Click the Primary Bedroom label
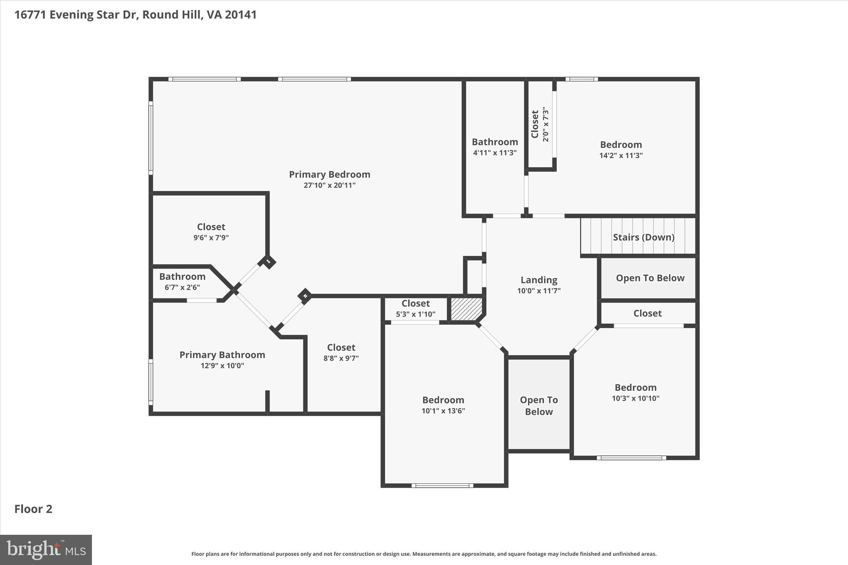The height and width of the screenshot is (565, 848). [x=329, y=174]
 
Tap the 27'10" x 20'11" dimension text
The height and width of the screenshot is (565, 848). [x=329, y=185]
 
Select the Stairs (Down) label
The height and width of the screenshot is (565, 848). [x=643, y=237]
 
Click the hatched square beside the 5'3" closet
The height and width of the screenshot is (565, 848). [x=466, y=309]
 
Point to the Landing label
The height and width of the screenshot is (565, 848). [x=539, y=280]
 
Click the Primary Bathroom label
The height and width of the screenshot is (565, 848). [x=222, y=355]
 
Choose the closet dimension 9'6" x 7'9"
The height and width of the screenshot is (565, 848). [x=211, y=238]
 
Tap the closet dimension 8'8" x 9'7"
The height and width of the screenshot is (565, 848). [x=341, y=358]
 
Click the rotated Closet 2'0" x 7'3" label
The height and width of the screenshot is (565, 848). [x=540, y=124]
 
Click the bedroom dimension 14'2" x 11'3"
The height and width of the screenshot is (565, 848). [x=621, y=156]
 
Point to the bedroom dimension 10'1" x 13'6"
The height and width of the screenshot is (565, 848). [x=443, y=411]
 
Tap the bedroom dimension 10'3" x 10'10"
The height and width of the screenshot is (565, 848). [x=635, y=399]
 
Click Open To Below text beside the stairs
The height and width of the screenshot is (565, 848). [x=650, y=278]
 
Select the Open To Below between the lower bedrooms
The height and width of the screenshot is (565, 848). [x=539, y=406]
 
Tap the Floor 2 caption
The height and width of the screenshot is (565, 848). [x=34, y=509]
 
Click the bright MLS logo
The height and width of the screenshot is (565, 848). [x=46, y=550]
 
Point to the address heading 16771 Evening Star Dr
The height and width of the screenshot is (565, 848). [x=135, y=15]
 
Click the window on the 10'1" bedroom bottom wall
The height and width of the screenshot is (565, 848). [x=442, y=486]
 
